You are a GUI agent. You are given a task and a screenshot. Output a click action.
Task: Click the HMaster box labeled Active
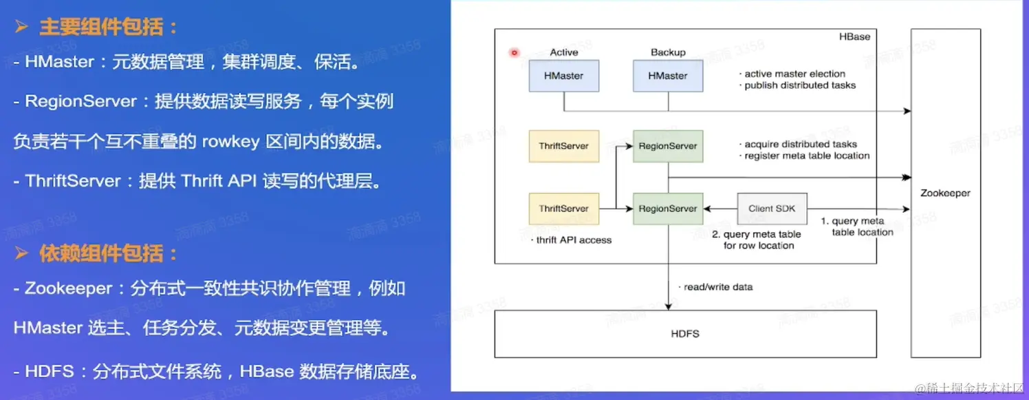point(563,76)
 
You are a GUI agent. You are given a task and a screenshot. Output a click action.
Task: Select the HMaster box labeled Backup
point(668,76)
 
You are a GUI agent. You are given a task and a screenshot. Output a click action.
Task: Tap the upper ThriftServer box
point(563,146)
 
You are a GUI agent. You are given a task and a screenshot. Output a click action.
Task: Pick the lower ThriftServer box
point(563,209)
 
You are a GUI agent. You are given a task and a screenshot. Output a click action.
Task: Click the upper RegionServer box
point(668,146)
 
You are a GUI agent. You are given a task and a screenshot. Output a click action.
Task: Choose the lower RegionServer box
point(668,209)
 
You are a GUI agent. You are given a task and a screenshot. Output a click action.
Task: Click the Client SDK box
point(772,209)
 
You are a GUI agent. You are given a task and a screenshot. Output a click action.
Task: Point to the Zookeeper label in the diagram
point(945,193)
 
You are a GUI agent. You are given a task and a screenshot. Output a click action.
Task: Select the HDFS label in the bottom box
point(685,334)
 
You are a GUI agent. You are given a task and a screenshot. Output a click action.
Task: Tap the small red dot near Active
point(514,53)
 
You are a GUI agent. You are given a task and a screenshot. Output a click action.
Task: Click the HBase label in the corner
point(854,36)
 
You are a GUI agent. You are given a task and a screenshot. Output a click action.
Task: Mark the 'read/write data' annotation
point(716,287)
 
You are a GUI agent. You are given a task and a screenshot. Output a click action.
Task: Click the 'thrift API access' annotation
point(571,240)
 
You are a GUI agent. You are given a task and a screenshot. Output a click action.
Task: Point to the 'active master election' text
point(792,74)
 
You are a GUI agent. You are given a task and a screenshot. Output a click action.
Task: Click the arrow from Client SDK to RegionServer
point(720,209)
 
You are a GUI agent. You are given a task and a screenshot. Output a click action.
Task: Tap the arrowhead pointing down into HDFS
point(669,306)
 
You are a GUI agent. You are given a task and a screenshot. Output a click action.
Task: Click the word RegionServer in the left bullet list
point(81,101)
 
